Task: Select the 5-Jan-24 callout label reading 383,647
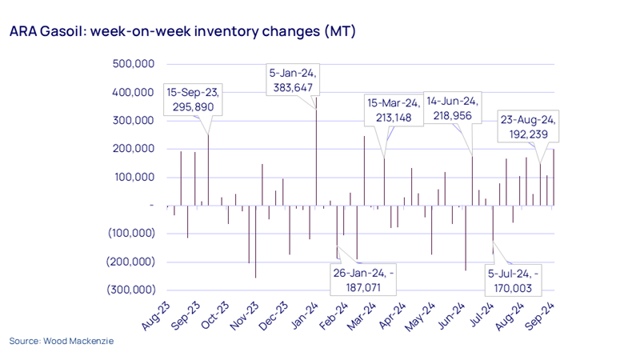click(293, 80)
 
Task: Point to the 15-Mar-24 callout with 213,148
click(392, 110)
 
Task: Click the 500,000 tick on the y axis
click(132, 64)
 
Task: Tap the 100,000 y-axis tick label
click(132, 177)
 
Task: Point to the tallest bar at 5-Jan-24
click(316, 152)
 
